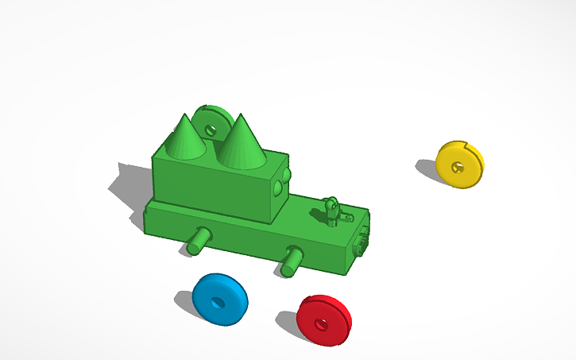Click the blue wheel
(x=219, y=298)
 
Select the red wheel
(x=324, y=319)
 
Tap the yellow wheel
(x=459, y=164)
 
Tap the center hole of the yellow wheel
(x=457, y=167)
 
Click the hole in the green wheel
(x=211, y=127)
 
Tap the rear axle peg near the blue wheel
(x=199, y=240)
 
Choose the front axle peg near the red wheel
(x=292, y=261)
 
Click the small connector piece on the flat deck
(x=334, y=211)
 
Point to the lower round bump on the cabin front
(x=277, y=189)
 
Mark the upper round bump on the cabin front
(x=287, y=174)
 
